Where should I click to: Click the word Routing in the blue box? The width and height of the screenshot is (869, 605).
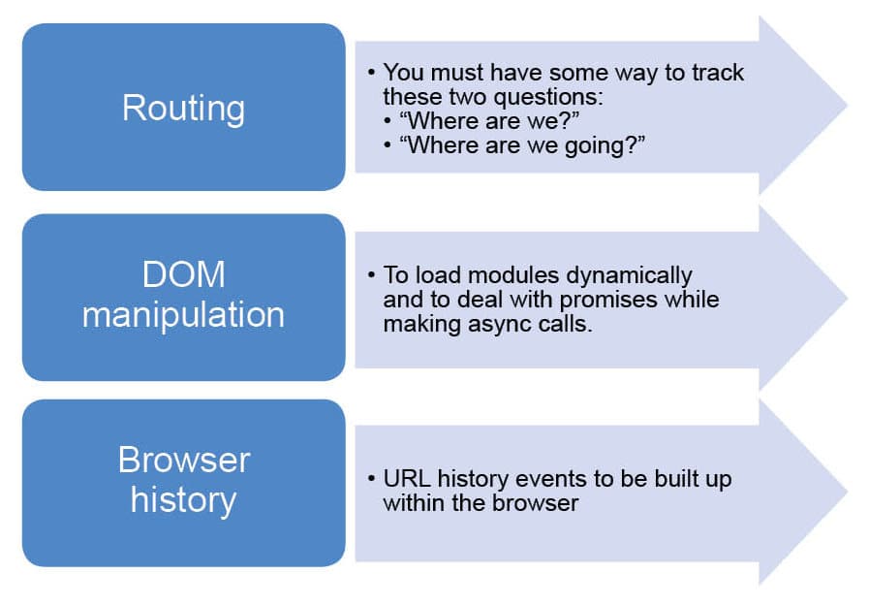pyautogui.click(x=183, y=109)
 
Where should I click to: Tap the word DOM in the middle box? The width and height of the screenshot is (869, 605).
pyautogui.click(x=183, y=274)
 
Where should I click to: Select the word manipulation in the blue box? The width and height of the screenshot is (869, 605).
pyautogui.click(x=183, y=315)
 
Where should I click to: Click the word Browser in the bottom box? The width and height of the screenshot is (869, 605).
pyautogui.click(x=184, y=460)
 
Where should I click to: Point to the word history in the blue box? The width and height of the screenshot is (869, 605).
pyautogui.click(x=183, y=500)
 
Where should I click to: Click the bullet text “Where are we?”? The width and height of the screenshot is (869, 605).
pyautogui.click(x=489, y=120)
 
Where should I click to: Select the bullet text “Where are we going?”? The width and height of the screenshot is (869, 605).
pyautogui.click(x=522, y=145)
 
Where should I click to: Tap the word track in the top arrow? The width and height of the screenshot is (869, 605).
pyautogui.click(x=717, y=73)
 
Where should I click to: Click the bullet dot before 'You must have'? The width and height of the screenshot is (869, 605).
pyautogui.click(x=371, y=72)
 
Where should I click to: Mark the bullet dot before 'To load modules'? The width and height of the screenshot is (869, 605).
pyautogui.click(x=371, y=275)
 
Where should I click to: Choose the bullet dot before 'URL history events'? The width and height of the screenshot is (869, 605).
pyautogui.click(x=371, y=478)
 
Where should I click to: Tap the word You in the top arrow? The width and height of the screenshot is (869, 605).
pyautogui.click(x=403, y=73)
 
